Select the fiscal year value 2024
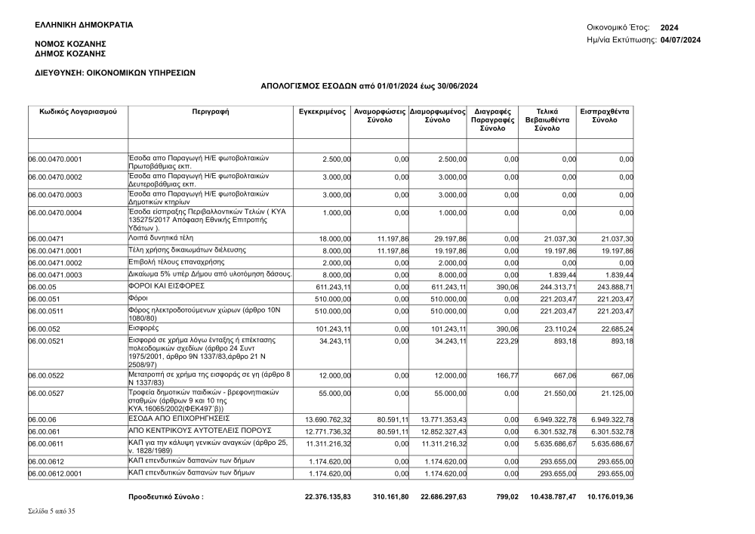click(x=670, y=27)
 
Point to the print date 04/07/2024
click(x=680, y=39)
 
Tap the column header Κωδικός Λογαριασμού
click(x=78, y=112)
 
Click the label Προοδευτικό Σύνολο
click(x=166, y=498)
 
